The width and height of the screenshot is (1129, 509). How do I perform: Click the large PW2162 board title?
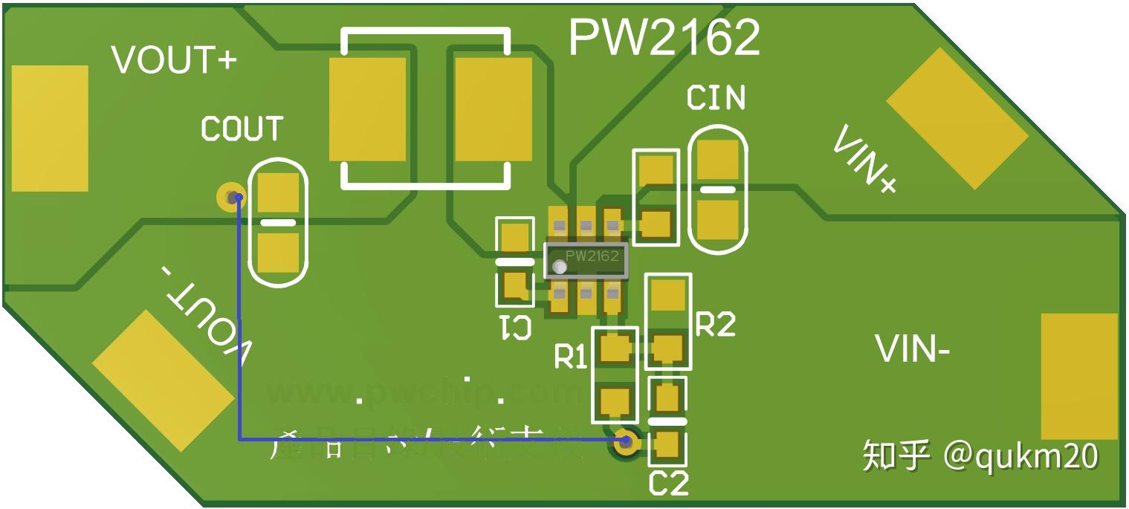[x=664, y=37]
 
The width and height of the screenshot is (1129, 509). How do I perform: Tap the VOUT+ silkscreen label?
[x=174, y=59]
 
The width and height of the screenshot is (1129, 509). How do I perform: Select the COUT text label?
[x=242, y=129]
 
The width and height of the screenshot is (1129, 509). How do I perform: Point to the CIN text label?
[x=716, y=97]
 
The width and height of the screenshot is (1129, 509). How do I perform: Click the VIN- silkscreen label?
[x=912, y=349]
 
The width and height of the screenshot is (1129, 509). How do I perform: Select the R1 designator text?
[x=571, y=357]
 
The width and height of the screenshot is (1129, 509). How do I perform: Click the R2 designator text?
[x=715, y=324]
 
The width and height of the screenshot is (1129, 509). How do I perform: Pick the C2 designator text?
[x=669, y=484]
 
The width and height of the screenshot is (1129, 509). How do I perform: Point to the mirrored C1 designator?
[x=515, y=327]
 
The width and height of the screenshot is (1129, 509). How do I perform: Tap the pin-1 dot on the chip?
[x=559, y=266]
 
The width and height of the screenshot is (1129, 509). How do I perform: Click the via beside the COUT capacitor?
[x=230, y=197]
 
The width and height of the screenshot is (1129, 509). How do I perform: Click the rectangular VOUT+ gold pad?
[x=50, y=128]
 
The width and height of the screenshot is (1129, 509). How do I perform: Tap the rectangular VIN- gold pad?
[x=1079, y=376]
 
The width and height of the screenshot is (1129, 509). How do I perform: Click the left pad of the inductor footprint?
[x=367, y=109]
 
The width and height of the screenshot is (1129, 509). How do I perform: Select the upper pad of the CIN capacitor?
[x=718, y=161]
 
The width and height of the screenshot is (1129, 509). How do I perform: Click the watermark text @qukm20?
[x=1021, y=455]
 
